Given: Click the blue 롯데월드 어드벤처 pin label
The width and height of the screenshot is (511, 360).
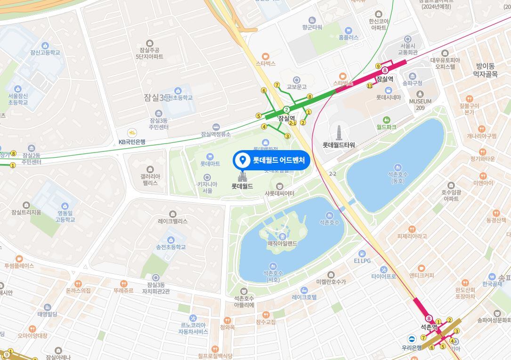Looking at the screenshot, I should (x=272, y=160).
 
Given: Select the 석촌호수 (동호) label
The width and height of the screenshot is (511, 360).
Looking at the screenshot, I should (x=397, y=177).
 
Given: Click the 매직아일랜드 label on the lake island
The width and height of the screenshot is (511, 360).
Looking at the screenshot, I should (x=282, y=243).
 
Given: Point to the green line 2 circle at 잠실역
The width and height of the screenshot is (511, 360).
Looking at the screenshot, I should (x=286, y=110).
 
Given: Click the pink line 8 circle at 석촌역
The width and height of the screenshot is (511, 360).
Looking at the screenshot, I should (x=429, y=319).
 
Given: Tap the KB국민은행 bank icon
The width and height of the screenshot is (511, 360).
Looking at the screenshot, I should (x=132, y=133).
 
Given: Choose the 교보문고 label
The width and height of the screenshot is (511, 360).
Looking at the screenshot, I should (x=297, y=87).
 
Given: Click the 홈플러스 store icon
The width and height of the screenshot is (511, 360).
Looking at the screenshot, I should (x=349, y=31).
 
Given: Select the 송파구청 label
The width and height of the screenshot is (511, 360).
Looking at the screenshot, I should (x=413, y=83).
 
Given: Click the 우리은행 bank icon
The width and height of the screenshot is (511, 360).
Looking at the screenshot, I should (x=412, y=339).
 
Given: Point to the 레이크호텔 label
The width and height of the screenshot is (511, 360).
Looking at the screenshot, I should (x=304, y=297).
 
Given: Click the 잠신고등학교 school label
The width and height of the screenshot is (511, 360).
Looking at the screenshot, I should (x=45, y=52).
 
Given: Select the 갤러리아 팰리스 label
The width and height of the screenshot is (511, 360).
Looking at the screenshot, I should (x=150, y=179).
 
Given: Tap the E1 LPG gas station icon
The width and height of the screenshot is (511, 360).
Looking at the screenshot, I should (x=362, y=254).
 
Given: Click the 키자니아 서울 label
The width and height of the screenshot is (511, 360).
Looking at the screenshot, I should (x=207, y=187).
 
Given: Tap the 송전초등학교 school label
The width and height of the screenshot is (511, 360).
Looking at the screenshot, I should (x=171, y=247).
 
